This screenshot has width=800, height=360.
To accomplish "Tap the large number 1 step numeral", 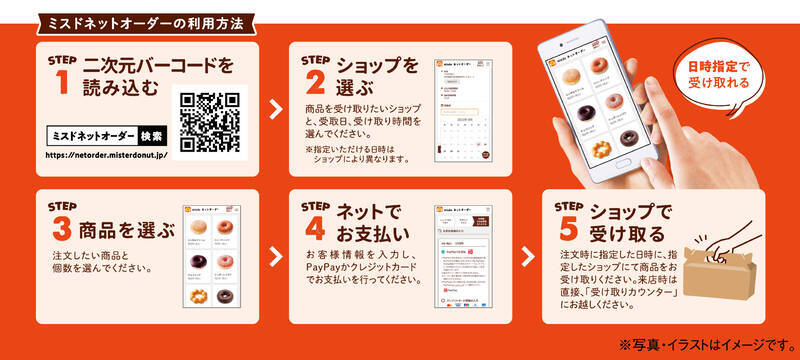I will click(x=63, y=84).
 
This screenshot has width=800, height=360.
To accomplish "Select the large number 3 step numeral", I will click(x=63, y=230).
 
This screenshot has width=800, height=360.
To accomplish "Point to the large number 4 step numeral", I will click(x=315, y=230).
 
